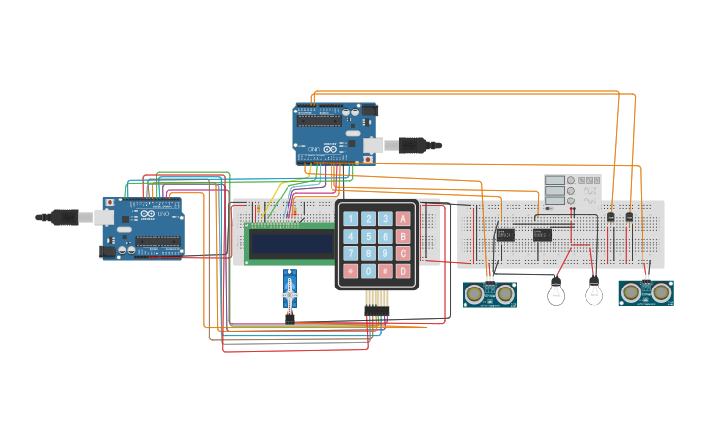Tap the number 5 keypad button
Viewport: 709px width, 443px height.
click(368, 236)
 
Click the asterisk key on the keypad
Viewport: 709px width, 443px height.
click(350, 271)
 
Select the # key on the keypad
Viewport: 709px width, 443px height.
click(385, 271)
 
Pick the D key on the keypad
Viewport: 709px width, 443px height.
click(403, 271)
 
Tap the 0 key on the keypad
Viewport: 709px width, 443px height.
click(368, 271)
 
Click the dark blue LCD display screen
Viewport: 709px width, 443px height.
click(290, 244)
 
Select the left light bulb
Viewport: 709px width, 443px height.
click(555, 291)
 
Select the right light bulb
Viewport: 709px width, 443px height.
click(593, 291)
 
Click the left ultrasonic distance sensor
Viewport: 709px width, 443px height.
click(489, 293)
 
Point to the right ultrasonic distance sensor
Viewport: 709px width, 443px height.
click(645, 292)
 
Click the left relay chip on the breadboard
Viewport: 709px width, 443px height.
click(506, 234)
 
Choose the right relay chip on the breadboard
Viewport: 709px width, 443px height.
click(542, 234)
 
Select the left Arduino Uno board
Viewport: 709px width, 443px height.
click(143, 228)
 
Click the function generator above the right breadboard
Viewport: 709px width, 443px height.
click(573, 191)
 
